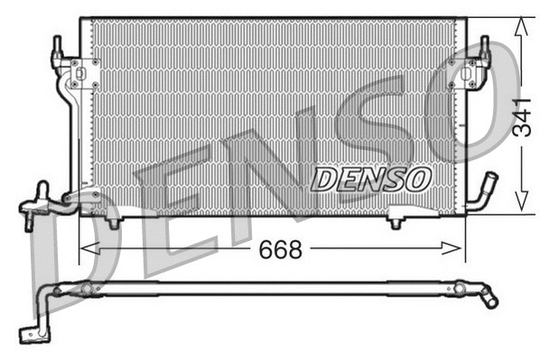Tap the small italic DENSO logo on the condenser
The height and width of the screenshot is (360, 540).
[370, 179]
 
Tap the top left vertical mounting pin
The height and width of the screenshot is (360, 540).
[58, 46]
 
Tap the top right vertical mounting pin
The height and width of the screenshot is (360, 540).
[484, 45]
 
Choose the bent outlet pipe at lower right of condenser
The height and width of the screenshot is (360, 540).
[486, 191]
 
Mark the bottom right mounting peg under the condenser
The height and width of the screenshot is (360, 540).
[396, 219]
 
